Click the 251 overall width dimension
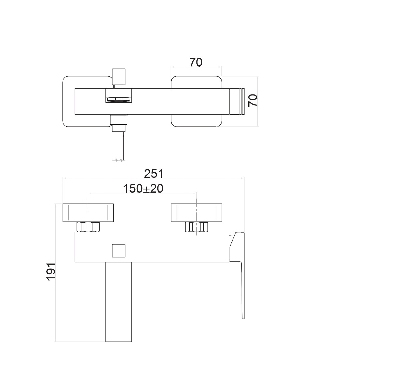coord(154,174)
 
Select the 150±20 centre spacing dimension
coord(143,189)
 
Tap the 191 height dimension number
coord(51,272)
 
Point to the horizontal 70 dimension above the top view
coord(196,62)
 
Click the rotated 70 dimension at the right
coord(253,100)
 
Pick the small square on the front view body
coord(119,250)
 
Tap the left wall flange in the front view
coord(88,213)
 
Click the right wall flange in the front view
coord(196,213)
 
